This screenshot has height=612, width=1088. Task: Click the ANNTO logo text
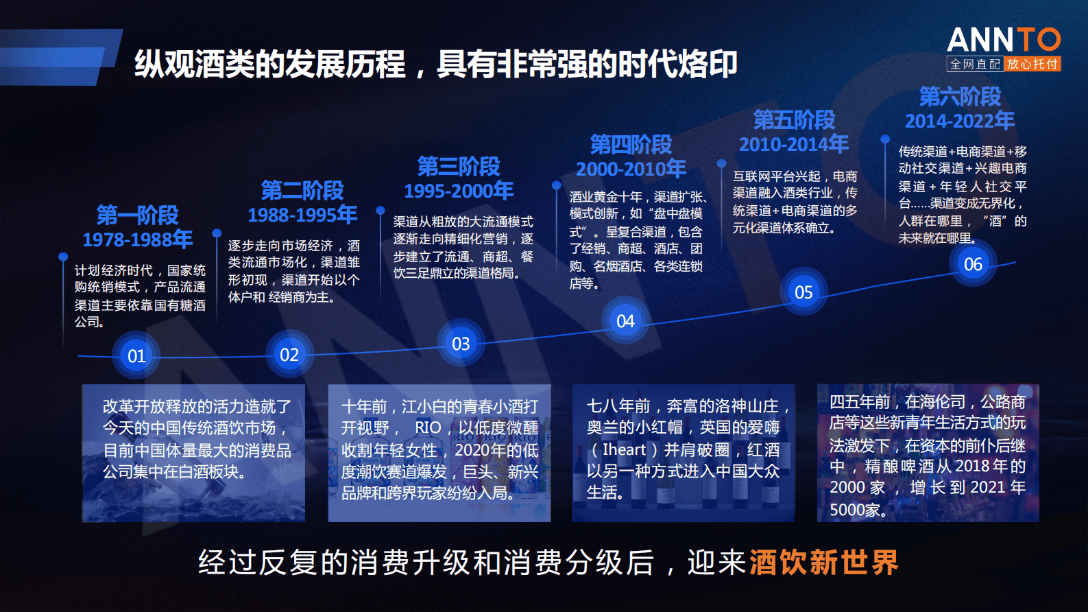point(1004,39)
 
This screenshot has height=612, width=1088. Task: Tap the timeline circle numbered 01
point(136,356)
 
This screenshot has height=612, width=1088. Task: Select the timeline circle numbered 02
point(289,354)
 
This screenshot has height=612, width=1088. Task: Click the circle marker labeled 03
point(461,344)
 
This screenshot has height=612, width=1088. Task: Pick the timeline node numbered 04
point(625,321)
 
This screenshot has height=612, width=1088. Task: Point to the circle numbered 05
point(803,292)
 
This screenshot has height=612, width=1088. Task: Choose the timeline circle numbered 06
point(973,264)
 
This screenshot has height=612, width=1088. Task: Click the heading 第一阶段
point(138,215)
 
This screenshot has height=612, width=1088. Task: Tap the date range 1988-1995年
point(302,215)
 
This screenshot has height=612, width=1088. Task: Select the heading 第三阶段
point(459,166)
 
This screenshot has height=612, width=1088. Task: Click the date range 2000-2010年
point(631,169)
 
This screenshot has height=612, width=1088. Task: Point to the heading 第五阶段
point(794,119)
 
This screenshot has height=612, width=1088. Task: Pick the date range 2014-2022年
point(960,121)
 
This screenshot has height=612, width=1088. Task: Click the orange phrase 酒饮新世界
point(824,563)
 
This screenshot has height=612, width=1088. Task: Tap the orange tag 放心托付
point(1032,64)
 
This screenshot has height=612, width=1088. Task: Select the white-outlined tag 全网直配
point(976,64)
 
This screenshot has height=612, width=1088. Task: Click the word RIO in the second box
point(428,427)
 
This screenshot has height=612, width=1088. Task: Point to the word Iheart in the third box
point(624,449)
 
